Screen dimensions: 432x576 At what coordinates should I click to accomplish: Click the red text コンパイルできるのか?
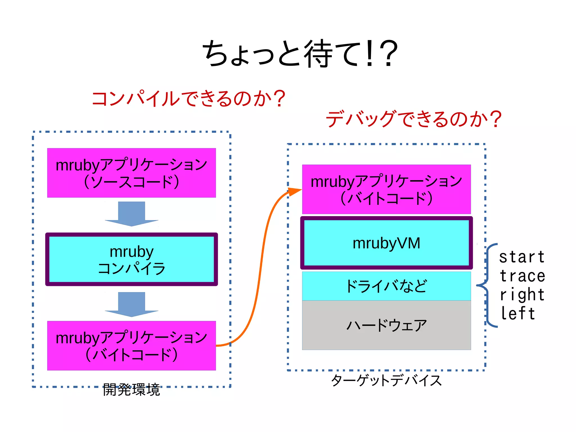(x=188, y=99)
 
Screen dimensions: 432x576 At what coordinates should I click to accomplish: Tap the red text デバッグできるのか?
(x=413, y=119)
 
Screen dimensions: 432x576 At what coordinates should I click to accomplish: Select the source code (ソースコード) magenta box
(x=131, y=173)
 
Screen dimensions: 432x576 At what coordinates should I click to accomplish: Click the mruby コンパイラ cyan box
(x=131, y=259)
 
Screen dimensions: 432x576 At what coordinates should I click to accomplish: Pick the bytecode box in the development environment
(x=131, y=346)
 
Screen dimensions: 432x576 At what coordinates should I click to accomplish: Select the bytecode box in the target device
(x=386, y=189)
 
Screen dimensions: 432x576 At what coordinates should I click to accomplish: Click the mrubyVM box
(x=386, y=243)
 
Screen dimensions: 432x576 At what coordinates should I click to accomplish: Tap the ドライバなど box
(x=386, y=286)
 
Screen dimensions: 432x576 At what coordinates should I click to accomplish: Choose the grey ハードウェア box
(x=386, y=325)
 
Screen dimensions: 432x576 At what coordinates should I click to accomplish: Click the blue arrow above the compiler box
(x=131, y=214)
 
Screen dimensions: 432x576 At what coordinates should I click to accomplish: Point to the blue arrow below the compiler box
(x=131, y=305)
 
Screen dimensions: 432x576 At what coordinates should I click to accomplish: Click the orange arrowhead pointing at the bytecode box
(x=295, y=191)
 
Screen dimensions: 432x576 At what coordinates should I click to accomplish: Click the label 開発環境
(x=131, y=390)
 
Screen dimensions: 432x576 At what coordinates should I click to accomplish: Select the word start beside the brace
(x=522, y=257)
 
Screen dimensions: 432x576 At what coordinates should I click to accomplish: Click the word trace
(x=522, y=276)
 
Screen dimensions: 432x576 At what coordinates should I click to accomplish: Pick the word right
(x=522, y=295)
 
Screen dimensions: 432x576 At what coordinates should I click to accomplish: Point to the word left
(x=518, y=314)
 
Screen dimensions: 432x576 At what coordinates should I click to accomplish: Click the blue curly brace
(x=487, y=285)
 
